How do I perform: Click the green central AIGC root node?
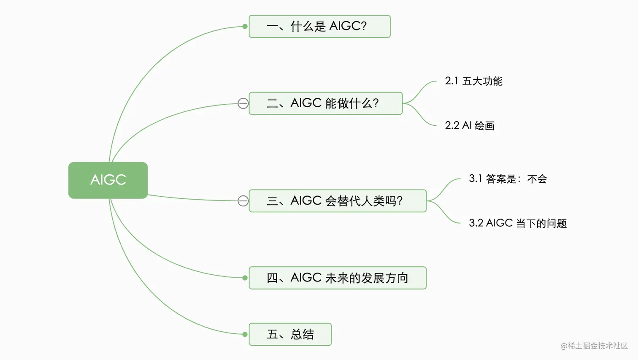(108, 180)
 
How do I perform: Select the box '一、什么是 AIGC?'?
(319, 26)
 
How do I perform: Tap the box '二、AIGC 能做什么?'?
(325, 103)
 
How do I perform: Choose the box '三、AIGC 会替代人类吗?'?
(338, 201)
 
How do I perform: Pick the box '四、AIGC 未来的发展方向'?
(338, 278)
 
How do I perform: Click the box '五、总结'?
(290, 334)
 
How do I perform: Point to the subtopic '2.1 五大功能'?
(473, 81)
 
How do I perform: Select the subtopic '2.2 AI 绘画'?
(470, 125)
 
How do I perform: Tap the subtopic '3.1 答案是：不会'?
(508, 179)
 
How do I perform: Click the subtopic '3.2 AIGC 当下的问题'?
(518, 223)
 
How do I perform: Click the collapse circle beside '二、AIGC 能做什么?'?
(243, 103)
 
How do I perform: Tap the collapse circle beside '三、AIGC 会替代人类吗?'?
(243, 201)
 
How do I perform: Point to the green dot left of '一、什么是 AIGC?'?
(245, 27)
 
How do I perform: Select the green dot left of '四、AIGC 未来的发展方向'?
(245, 278)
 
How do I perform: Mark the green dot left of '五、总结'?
(245, 334)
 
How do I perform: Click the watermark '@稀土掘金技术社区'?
(594, 346)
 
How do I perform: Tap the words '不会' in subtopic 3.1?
(537, 179)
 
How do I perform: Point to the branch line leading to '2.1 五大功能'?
(420, 89)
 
